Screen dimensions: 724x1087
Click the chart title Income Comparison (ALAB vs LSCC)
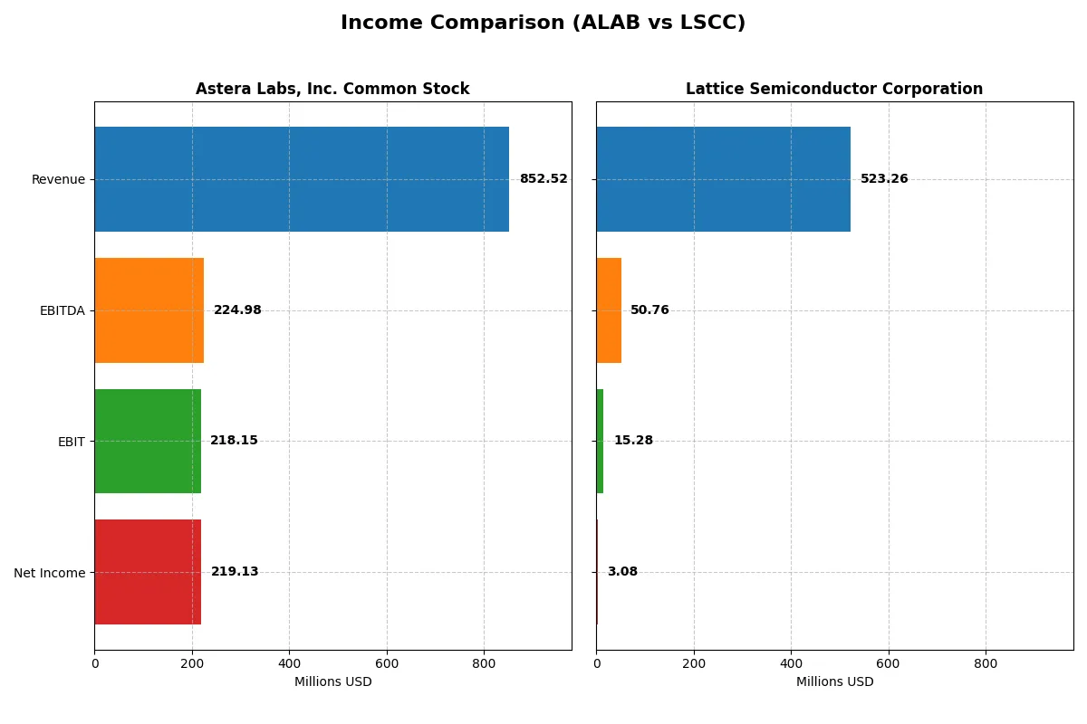(543, 24)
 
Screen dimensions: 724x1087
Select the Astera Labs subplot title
(332, 90)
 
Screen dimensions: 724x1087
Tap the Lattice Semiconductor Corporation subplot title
(833, 90)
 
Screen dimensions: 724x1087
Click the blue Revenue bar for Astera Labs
(302, 179)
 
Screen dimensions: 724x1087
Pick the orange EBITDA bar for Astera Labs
(149, 310)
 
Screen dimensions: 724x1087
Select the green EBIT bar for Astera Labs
(148, 441)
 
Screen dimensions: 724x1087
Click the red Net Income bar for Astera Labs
(148, 572)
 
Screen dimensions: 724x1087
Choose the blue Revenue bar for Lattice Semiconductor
(723, 179)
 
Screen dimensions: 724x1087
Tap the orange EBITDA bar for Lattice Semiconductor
(609, 310)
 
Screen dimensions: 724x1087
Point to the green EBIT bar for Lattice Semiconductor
(600, 441)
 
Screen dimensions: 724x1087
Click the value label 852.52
(543, 179)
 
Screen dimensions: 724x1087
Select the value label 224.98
(237, 310)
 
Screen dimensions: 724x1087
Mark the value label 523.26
(884, 179)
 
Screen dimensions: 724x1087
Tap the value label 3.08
(622, 572)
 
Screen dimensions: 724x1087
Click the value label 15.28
(633, 441)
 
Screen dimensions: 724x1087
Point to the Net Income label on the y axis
(49, 573)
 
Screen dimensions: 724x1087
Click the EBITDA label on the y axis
(62, 311)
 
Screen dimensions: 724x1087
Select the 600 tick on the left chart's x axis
(387, 663)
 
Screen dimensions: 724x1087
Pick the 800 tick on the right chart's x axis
(986, 663)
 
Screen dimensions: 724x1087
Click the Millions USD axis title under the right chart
(834, 682)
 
